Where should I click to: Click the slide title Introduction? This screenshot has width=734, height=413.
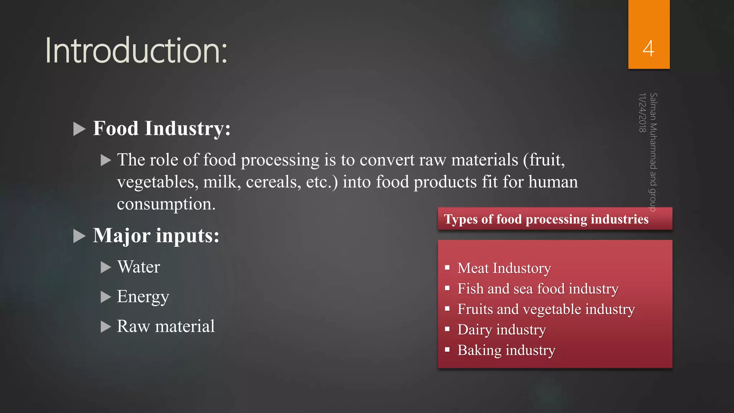[136, 51]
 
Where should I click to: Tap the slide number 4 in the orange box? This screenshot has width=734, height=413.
[648, 48]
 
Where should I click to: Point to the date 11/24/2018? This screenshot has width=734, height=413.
[642, 113]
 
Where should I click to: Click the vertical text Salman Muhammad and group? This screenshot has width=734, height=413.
[653, 152]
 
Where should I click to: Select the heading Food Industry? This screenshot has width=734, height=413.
[162, 128]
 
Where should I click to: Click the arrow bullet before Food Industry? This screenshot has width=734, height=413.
[79, 129]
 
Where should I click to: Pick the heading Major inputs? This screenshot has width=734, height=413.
[156, 236]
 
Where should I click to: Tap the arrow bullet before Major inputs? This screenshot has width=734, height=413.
[79, 236]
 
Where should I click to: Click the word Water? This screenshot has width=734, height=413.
[139, 267]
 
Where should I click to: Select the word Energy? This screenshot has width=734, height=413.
[143, 297]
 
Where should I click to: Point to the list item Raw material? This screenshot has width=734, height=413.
[166, 326]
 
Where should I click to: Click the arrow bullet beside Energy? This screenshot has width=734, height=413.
[106, 297]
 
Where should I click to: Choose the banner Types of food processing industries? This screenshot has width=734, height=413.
[546, 219]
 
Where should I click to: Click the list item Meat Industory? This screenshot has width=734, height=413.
[504, 268]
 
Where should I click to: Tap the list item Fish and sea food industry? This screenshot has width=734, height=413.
[538, 289]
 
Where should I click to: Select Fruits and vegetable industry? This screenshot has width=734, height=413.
[546, 309]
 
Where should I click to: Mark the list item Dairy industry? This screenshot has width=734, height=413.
[502, 329]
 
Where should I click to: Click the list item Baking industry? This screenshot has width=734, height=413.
[506, 350]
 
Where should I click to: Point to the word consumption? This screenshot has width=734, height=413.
[166, 204]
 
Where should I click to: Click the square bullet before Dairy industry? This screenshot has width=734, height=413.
[447, 329]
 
